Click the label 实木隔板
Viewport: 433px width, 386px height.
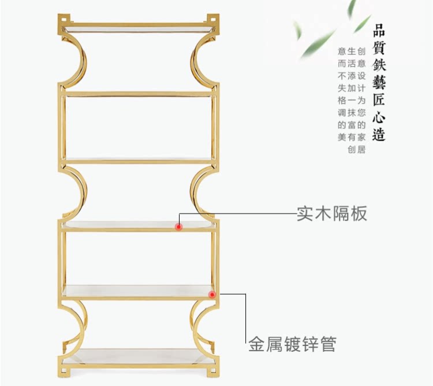[x=331, y=214]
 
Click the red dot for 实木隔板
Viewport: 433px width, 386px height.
[x=179, y=226]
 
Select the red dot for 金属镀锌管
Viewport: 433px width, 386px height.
[x=212, y=295]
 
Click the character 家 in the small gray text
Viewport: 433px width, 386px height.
[x=362, y=137]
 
